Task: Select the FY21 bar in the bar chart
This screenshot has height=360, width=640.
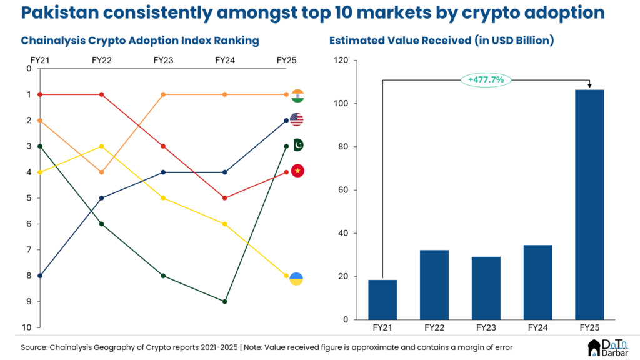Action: [382, 300]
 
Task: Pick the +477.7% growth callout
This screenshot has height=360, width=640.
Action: [486, 79]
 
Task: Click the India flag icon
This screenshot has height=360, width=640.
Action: [297, 95]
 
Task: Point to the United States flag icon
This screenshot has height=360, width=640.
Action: [297, 120]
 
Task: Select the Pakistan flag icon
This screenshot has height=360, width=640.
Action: [298, 145]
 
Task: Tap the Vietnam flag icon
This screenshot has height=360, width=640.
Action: [297, 171]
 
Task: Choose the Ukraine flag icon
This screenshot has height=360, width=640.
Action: [297, 278]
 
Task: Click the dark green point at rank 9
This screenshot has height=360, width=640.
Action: [225, 301]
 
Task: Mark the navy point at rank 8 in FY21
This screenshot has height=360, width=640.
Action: [40, 276]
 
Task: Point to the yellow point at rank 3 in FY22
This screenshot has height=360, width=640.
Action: [101, 146]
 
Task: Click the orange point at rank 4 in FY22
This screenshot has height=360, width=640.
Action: [101, 172]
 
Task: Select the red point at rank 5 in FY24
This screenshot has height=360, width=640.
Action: [225, 198]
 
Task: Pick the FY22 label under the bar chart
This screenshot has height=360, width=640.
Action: [434, 327]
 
